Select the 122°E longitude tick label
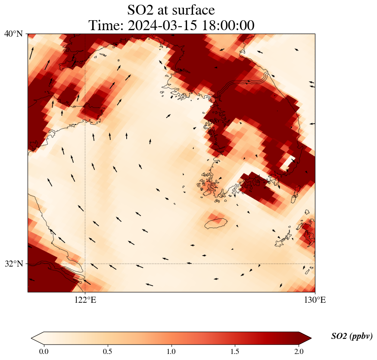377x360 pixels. click(x=85, y=300)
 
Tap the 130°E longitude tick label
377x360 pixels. click(x=315, y=300)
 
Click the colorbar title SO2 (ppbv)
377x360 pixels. click(x=352, y=336)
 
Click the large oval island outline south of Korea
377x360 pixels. click(x=215, y=223)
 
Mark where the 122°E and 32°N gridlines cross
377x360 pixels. click(x=85, y=264)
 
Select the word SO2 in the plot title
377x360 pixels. click(x=143, y=9)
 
